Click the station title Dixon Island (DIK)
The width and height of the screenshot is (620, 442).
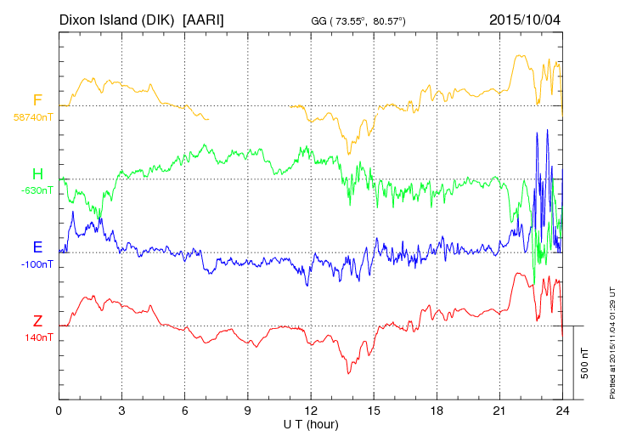(x=117, y=19)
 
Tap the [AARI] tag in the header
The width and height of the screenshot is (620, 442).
(x=204, y=19)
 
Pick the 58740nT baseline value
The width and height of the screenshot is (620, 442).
(x=33, y=117)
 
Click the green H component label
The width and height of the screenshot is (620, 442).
(x=37, y=174)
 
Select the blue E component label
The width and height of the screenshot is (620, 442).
(x=37, y=247)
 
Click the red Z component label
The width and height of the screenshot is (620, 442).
(x=37, y=321)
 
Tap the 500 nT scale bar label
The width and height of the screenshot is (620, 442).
(x=585, y=363)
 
